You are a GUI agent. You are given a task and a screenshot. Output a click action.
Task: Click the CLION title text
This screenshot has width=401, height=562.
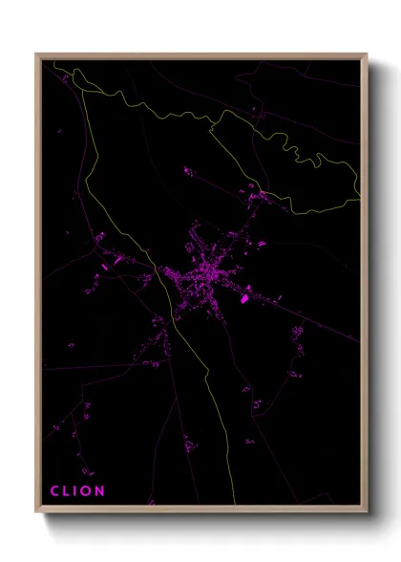click(78, 491)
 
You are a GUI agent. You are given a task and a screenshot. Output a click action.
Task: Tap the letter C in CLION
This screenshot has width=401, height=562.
click(54, 491)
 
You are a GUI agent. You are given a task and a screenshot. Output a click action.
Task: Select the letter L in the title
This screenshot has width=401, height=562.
click(67, 491)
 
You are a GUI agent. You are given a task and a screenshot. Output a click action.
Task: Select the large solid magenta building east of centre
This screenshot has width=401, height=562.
click(244, 299)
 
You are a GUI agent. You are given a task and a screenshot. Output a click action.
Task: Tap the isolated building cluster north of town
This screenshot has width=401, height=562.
click(188, 172)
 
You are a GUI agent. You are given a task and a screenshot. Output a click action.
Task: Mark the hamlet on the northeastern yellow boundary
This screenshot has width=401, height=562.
click(258, 196)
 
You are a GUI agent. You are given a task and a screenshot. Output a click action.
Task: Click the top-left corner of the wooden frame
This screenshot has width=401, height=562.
click(37, 54)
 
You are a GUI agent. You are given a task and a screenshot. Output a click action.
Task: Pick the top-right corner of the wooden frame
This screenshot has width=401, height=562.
click(367, 54)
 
